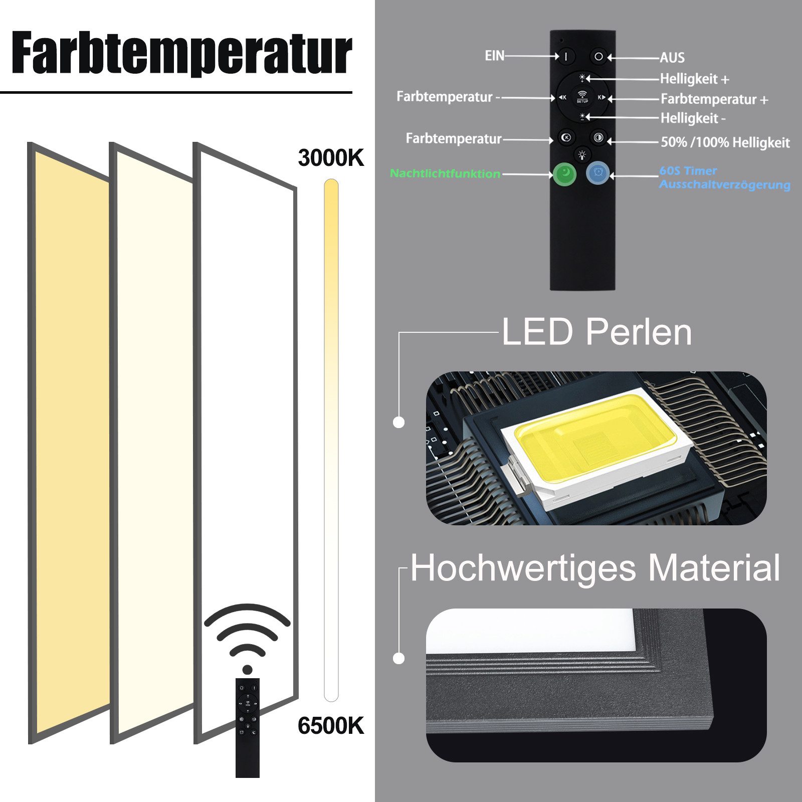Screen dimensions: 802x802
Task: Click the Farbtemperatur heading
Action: click(x=181, y=53)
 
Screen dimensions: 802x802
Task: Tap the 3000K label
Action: click(x=331, y=158)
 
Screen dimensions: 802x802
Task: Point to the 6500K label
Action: click(x=331, y=725)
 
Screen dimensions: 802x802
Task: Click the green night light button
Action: click(x=565, y=173)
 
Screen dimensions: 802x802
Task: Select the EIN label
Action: click(x=494, y=56)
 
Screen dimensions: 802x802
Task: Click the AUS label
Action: click(x=672, y=58)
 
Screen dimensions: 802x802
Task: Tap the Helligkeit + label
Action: click(x=694, y=79)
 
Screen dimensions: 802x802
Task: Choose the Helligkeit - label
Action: click(x=693, y=118)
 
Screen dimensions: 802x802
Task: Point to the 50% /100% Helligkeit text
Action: click(x=725, y=142)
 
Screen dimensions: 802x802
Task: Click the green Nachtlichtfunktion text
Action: click(x=445, y=173)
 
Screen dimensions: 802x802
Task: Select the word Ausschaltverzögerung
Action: click(x=724, y=184)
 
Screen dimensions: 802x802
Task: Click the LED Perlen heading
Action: click(x=596, y=332)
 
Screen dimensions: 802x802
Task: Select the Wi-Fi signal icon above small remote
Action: click(x=247, y=637)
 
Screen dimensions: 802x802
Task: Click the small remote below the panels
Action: click(x=248, y=727)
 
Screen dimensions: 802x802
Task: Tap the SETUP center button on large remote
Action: click(x=582, y=97)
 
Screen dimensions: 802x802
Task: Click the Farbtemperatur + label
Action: click(x=714, y=99)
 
